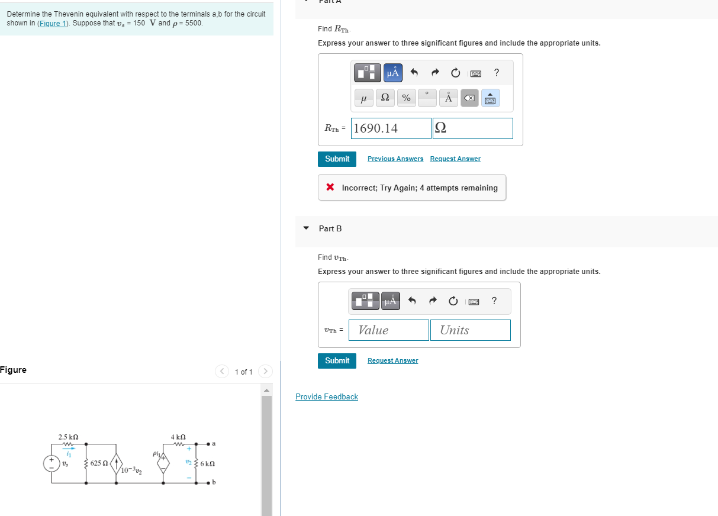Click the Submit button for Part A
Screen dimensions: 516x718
coord(337,159)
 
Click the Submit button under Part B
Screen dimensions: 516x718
coord(337,360)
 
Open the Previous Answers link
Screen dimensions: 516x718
coord(395,159)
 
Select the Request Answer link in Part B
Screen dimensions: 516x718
coord(392,360)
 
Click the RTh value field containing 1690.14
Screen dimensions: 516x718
coord(391,128)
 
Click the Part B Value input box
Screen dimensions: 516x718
coord(389,330)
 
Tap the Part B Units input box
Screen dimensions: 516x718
coord(470,330)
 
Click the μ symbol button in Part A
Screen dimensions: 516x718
coord(363,98)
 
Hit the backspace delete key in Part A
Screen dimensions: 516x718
coord(469,98)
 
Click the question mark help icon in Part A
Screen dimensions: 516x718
coord(496,73)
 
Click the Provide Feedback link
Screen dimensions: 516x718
coord(327,396)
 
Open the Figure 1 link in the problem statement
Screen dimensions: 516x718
coord(52,23)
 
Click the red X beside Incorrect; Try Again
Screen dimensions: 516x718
coord(330,188)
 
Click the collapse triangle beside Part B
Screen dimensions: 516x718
coord(306,228)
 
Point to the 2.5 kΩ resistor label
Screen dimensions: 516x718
coord(67,437)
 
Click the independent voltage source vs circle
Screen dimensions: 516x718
coord(52,463)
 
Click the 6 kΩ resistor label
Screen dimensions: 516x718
coord(207,464)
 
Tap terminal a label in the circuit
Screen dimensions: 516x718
coord(214,443)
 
